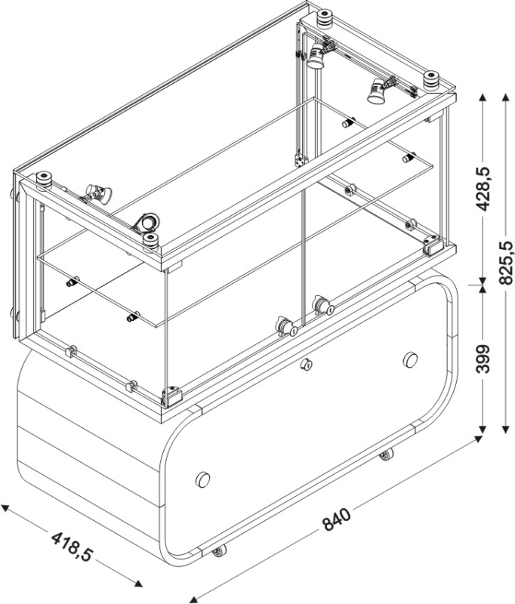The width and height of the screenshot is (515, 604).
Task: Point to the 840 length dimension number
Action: coord(336,519)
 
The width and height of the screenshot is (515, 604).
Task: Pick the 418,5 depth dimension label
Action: coord(72,547)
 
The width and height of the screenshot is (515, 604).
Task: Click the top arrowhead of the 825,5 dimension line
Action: coord(505,97)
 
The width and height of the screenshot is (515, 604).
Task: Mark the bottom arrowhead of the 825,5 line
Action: coord(505,429)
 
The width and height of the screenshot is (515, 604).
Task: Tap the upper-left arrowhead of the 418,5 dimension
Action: coord(5,507)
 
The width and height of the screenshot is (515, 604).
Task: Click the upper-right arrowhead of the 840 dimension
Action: coord(478,439)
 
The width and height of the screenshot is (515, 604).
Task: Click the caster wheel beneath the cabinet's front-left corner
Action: coord(220,552)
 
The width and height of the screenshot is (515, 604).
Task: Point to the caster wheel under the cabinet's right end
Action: coord(387,455)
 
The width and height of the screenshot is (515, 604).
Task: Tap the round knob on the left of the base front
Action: coord(202,479)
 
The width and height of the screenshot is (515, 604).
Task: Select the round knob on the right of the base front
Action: coord(410,359)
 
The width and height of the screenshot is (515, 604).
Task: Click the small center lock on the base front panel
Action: coord(307,364)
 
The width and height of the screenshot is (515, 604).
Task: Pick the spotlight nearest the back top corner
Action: coord(316,56)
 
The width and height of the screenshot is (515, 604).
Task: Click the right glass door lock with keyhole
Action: coord(322,305)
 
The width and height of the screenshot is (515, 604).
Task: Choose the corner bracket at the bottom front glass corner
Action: coord(172,396)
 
